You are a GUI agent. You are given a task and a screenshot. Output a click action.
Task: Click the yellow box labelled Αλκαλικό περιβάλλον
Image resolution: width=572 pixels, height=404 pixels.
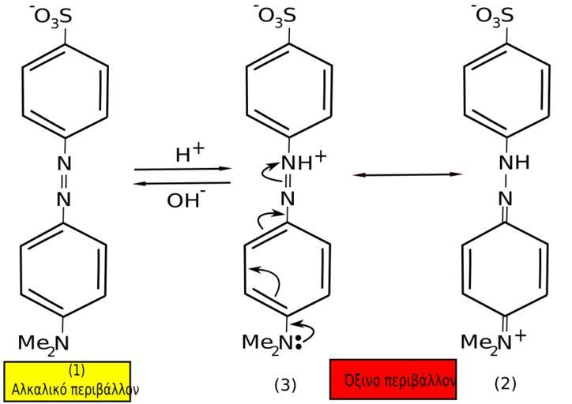coord(67,381)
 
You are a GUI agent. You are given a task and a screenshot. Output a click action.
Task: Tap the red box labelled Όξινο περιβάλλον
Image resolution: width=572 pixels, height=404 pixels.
coord(393,380)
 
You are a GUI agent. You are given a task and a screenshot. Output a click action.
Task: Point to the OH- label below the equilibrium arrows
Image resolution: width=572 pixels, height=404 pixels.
coord(186,200)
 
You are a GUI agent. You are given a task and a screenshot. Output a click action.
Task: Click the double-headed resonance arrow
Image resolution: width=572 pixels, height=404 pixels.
coord(406,174)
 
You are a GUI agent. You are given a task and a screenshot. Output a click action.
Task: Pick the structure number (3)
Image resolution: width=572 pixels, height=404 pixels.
coord(285,384)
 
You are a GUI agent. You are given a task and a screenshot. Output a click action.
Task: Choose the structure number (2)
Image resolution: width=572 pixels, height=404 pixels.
coord(505,383)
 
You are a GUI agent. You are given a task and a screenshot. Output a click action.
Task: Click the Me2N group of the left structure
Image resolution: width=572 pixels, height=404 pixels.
coord(43,342)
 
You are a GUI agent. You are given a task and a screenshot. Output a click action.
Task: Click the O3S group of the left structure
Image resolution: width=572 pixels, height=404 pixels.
coord(53,16)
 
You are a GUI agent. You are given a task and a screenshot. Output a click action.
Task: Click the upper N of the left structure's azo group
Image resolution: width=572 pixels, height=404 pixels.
coord(65,163)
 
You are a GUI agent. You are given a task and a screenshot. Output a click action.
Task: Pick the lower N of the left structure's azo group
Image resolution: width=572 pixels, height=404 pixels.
coord(65,199)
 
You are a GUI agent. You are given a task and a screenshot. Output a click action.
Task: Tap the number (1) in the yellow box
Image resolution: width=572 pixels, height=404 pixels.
coord(76,370)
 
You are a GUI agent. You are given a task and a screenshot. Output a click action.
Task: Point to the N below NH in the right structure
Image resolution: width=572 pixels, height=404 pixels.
coord(503,199)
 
